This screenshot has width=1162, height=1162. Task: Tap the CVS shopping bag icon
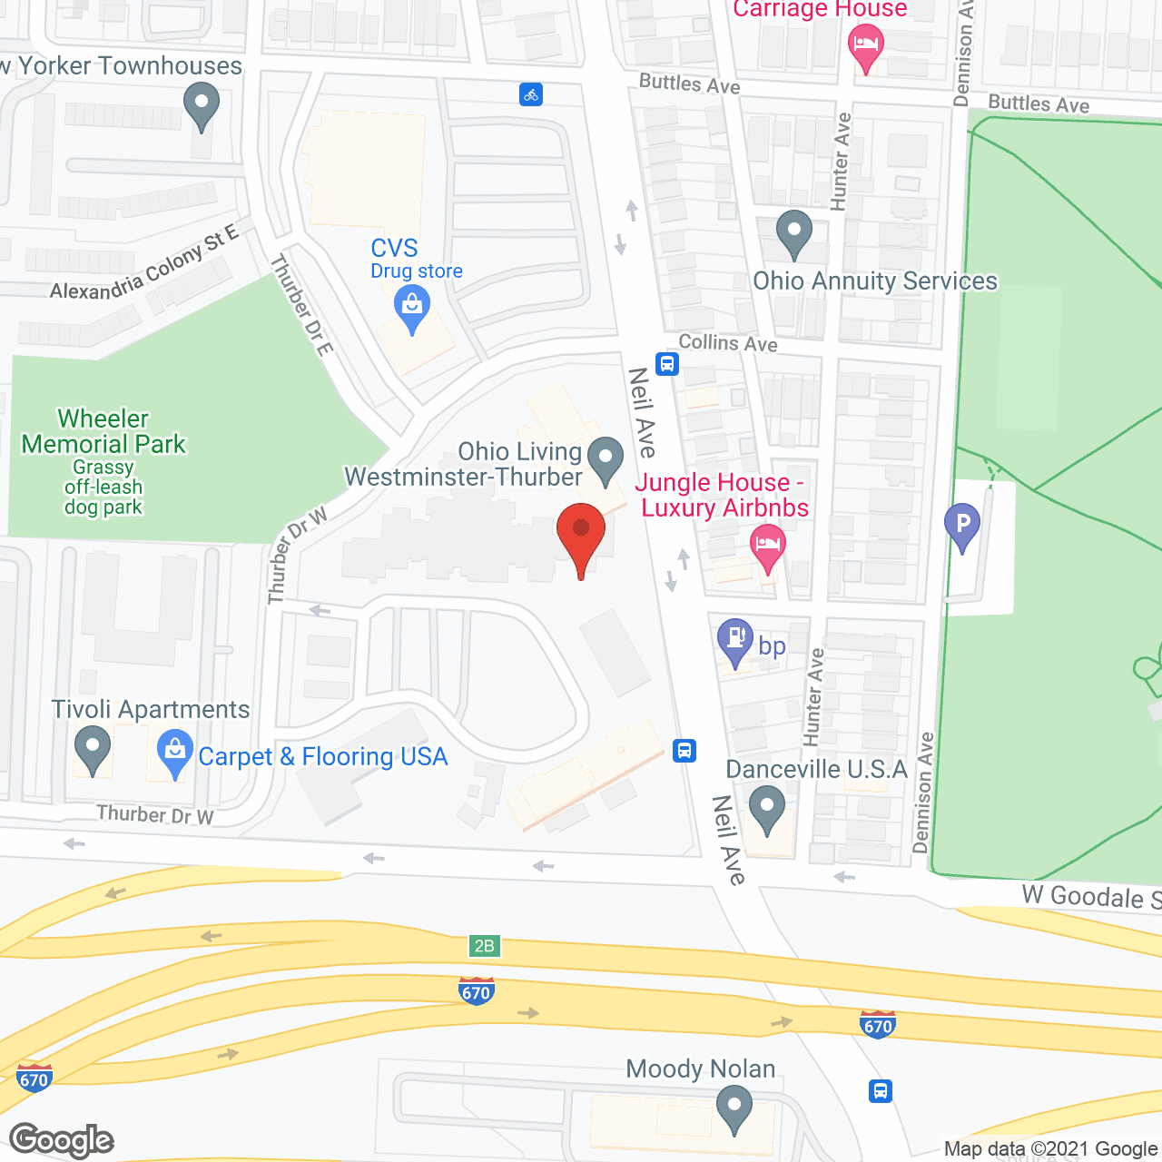412,306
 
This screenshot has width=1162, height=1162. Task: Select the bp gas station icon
734,638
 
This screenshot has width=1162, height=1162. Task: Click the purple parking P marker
962,524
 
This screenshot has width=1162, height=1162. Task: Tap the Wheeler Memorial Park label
103,432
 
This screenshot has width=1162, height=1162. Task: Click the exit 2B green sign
485,946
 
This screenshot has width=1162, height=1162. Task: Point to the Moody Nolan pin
734,1108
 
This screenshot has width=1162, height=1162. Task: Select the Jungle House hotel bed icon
768,545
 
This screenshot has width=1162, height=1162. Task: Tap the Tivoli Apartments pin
92,750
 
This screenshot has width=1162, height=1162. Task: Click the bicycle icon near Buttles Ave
531,94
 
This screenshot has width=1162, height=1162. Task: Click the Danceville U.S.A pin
767,806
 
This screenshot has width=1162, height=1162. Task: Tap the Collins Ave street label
728,343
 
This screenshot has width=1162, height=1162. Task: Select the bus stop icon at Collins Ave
667,364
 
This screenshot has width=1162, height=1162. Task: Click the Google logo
62,1140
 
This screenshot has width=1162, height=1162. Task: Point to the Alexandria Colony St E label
143,264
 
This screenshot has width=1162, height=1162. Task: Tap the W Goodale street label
1089,896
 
